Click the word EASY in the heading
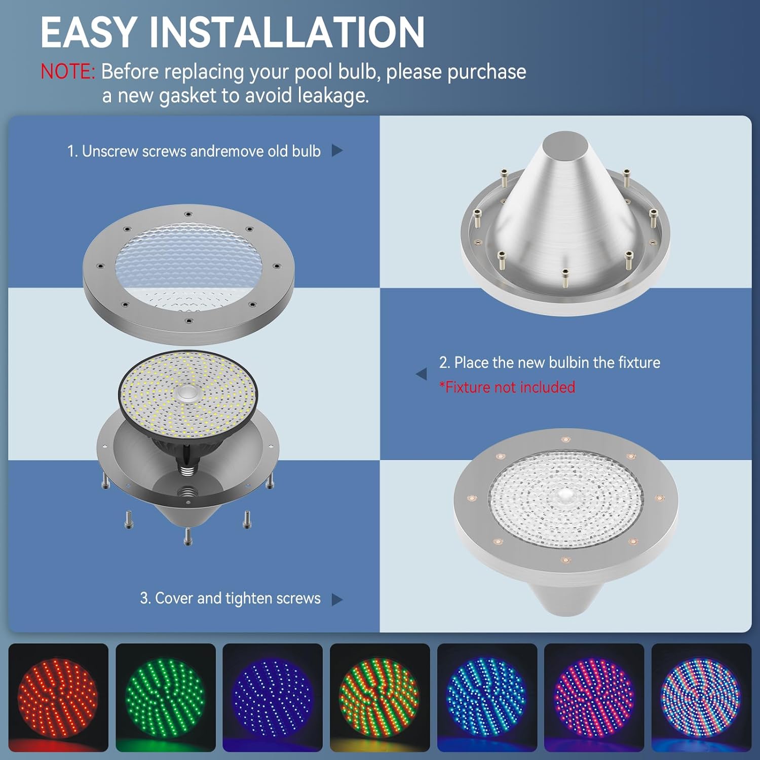(x=87, y=32)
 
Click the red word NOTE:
(x=67, y=72)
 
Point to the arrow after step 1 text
(x=337, y=150)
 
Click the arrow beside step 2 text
(x=421, y=374)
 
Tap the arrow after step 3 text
(x=337, y=599)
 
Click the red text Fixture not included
(x=509, y=388)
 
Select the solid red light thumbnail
(x=58, y=697)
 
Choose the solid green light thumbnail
(x=165, y=697)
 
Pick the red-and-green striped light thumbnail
(x=379, y=697)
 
